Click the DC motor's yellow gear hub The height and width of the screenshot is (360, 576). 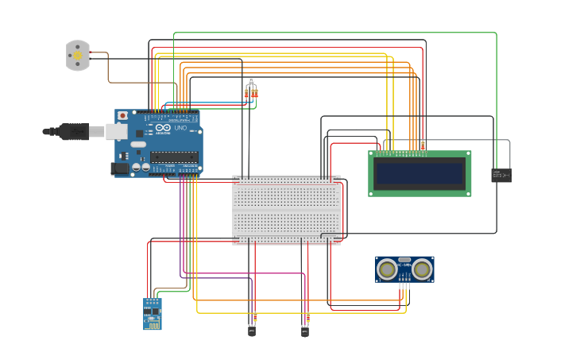pos(78,56)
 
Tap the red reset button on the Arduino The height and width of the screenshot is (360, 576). pos(122,116)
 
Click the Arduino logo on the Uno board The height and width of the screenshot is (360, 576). pos(163,128)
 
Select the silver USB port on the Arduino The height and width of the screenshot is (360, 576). pos(97,131)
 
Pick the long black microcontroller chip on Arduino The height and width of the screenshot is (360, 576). pos(174,156)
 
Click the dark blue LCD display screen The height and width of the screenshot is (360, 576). pos(419,173)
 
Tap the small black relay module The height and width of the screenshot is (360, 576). pos(501,176)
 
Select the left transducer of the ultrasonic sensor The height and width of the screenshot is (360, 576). pos(388,270)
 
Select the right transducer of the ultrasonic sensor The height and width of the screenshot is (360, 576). pos(422,270)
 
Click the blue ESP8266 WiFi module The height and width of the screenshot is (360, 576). pos(152,314)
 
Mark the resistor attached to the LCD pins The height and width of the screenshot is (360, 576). pos(423,145)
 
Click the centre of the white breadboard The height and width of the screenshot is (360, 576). pos(286,210)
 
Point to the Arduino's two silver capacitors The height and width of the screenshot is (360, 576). pos(141,167)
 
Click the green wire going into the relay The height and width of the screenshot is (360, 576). pos(496,95)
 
